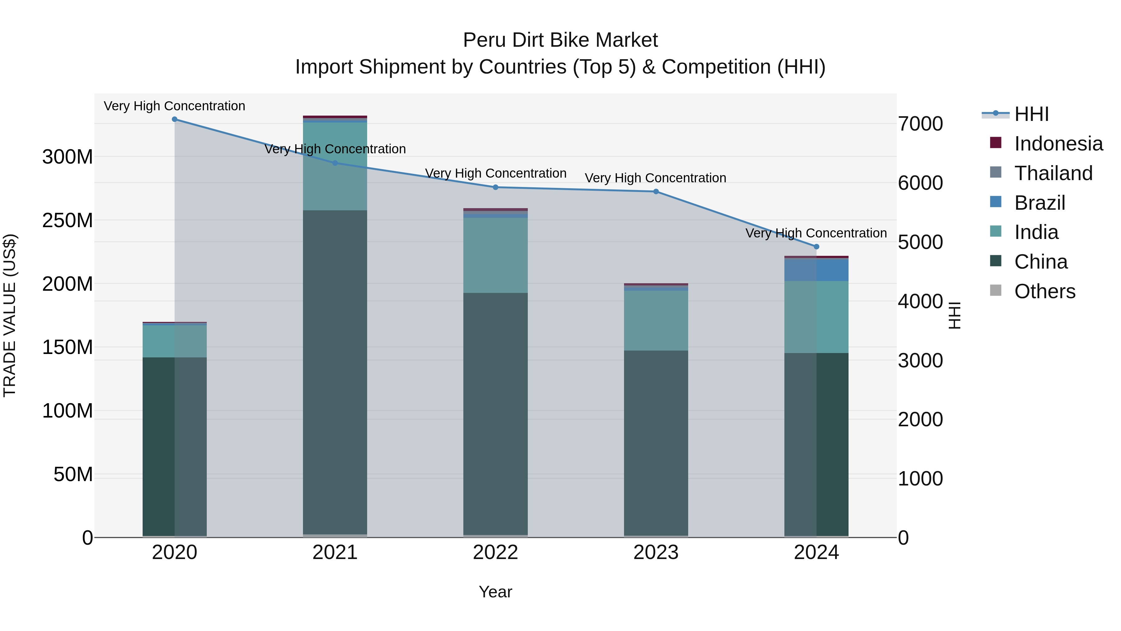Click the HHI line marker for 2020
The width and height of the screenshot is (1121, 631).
point(174,119)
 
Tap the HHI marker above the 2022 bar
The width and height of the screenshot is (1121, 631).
point(495,188)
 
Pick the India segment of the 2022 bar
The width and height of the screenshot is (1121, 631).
point(495,255)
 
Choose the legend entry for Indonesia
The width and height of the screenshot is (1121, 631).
point(1058,144)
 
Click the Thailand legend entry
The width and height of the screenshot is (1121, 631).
point(1053,173)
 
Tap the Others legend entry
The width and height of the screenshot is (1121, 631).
point(1044,291)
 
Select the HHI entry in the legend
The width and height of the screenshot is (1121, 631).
point(1031,114)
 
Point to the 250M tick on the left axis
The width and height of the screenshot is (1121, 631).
point(68,220)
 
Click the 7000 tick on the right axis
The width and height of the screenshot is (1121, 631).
point(920,124)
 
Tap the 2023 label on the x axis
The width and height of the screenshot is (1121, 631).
point(656,552)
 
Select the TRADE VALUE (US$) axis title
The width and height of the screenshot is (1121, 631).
point(10,315)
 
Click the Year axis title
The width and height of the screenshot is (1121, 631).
point(495,592)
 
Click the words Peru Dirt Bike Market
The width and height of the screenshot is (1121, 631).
point(560,40)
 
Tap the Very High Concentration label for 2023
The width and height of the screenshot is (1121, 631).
point(655,178)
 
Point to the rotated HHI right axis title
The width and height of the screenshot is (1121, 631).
point(954,315)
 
